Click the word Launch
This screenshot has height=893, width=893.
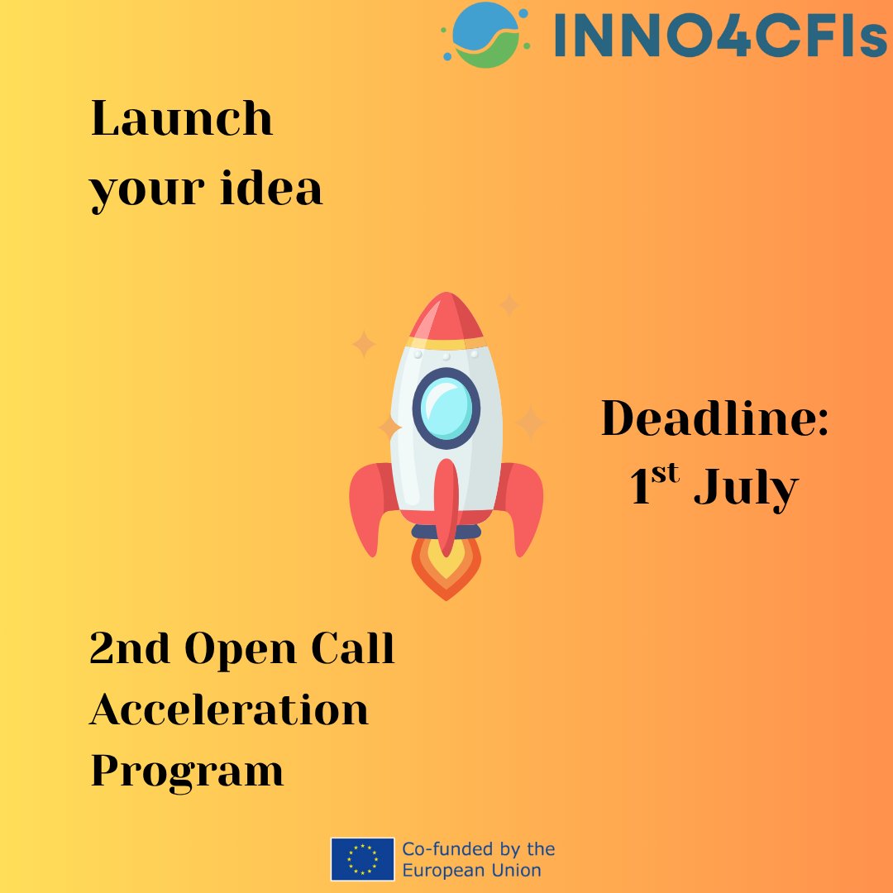[x=181, y=119]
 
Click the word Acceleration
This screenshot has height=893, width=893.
[x=229, y=709]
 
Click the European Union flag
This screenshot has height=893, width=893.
[x=362, y=859]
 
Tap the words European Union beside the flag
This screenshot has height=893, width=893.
[x=471, y=870]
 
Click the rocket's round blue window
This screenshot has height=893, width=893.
[x=446, y=408]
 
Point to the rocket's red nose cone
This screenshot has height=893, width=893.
[x=446, y=317]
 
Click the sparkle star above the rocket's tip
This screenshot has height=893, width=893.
[x=509, y=305]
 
